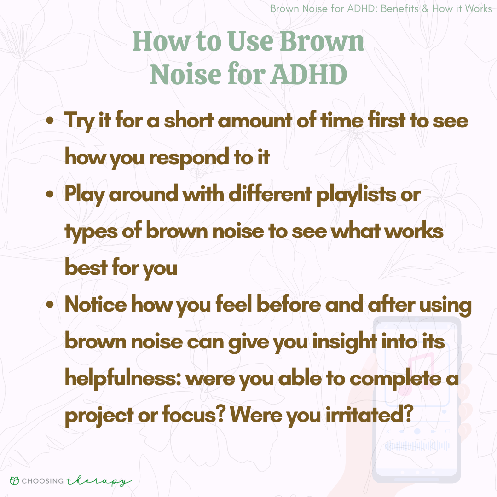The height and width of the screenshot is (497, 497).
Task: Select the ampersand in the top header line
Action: pyautogui.click(x=425, y=9)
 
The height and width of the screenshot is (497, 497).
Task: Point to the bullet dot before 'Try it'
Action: pyautogui.click(x=50, y=121)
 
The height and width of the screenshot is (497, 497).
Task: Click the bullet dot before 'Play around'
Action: pyautogui.click(x=50, y=194)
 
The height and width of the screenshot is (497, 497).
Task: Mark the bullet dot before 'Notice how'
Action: pyautogui.click(x=50, y=305)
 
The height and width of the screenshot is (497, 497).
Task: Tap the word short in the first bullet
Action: pyautogui.click(x=189, y=121)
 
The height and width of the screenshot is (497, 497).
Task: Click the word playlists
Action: pyautogui.click(x=356, y=195)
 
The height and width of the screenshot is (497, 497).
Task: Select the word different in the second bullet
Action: pyautogui.click(x=270, y=194)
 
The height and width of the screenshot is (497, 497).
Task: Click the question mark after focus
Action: pyautogui.click(x=220, y=414)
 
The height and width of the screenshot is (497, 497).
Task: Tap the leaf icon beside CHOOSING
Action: pyautogui.click(x=15, y=481)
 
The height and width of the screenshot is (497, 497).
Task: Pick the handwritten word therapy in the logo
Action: pyautogui.click(x=99, y=481)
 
